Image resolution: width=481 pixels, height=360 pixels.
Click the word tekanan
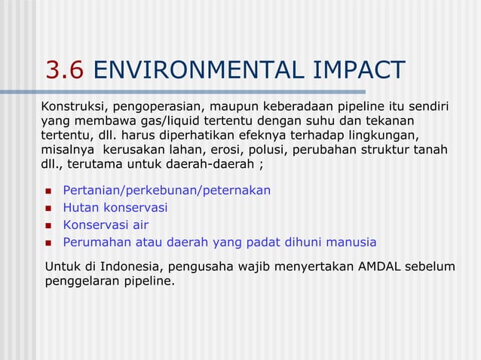[390, 121]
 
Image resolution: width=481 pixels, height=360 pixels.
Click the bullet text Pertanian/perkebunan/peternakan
[167, 190]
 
